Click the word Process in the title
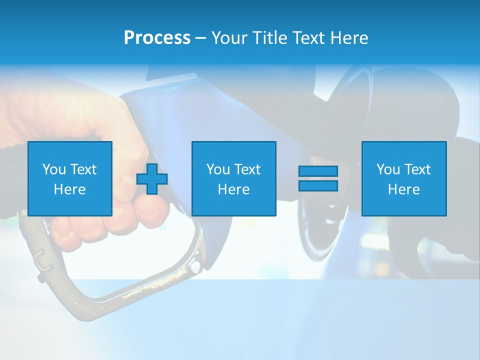(157, 38)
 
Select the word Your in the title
(230, 38)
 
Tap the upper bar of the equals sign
(318, 171)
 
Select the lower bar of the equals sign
(318, 185)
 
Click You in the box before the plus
(54, 169)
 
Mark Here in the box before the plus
(69, 189)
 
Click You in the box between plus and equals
(218, 169)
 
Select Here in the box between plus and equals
(233, 189)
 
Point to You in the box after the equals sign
(388, 169)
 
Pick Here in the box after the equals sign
(403, 189)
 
